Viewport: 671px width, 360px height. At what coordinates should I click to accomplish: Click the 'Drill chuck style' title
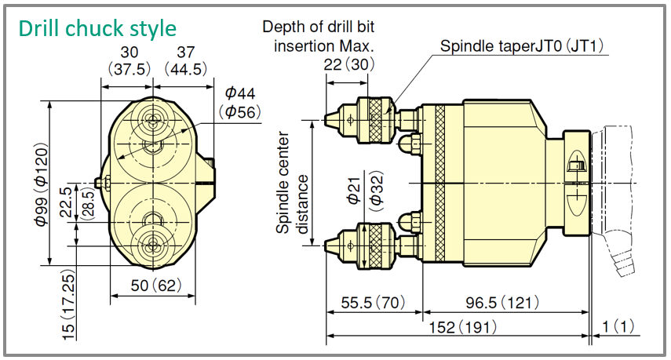(97, 29)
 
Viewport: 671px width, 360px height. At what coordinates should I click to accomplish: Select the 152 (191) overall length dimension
(463, 328)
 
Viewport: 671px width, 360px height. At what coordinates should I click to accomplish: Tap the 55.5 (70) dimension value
(373, 303)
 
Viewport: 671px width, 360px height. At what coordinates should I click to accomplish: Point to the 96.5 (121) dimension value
(502, 303)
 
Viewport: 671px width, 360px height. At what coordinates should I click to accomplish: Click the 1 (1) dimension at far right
(618, 326)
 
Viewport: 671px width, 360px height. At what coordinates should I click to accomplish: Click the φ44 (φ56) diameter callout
(239, 103)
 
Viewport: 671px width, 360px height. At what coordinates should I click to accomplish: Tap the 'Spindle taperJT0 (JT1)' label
(522, 45)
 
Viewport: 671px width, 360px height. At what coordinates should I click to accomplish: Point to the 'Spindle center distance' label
(292, 183)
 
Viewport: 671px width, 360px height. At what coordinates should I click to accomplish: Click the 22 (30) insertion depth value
(348, 64)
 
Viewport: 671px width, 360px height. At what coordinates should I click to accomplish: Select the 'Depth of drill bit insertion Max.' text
(319, 36)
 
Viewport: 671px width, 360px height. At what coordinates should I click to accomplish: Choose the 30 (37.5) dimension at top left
(129, 60)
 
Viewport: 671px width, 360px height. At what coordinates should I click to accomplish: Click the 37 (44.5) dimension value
(186, 60)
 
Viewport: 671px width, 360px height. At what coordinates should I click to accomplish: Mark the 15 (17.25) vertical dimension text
(69, 305)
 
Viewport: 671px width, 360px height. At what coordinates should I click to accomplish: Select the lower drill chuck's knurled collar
(376, 245)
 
